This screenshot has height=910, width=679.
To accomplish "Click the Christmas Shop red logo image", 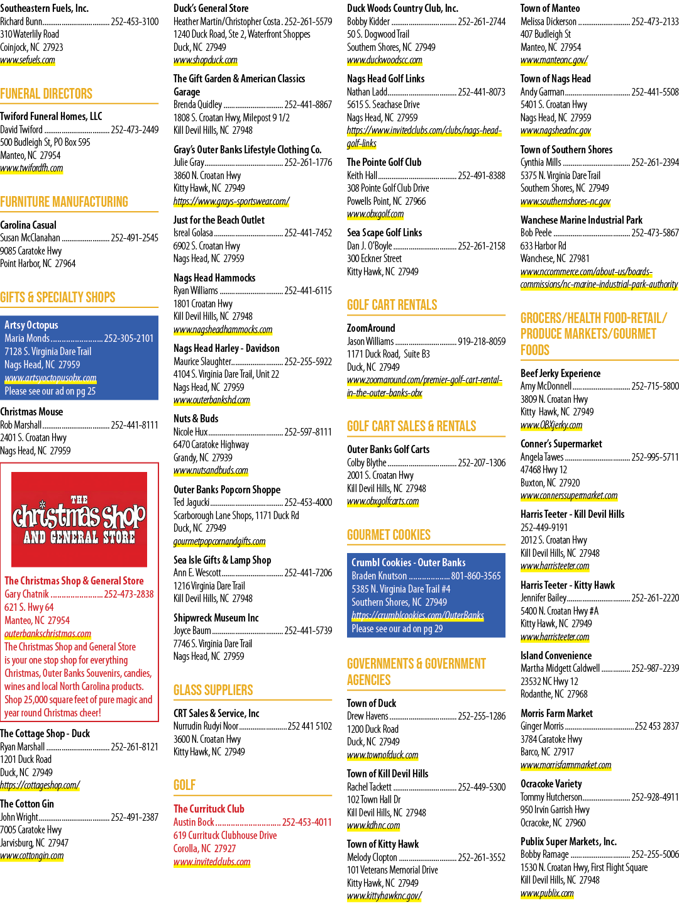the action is point(79,519).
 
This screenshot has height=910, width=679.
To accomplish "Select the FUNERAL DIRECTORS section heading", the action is point(46,94).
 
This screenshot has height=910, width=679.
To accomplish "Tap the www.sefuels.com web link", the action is point(28,60).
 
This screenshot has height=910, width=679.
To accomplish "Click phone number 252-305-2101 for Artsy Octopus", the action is point(129,338).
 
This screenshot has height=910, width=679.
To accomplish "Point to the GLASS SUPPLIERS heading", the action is point(213,690).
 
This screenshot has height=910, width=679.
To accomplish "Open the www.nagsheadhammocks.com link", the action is point(223,329).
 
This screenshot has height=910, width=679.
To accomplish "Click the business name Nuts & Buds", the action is point(196,419).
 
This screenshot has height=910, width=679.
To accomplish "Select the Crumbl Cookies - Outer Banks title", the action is point(409,562).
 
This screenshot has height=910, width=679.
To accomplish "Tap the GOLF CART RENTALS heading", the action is point(392,305).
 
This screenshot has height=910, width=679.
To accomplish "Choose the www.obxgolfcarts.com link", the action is point(383,502).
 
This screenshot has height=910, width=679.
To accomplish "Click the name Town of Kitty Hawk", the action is point(383,844).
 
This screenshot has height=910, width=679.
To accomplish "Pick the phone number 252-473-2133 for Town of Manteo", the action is point(655,21).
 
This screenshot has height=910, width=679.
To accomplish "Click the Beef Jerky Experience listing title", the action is point(560,373).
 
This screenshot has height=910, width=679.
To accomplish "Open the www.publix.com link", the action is point(547,893).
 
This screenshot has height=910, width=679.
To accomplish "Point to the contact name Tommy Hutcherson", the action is point(551,798).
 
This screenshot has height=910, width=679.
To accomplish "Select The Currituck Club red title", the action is point(209,809).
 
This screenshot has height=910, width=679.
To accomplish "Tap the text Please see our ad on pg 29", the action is point(397,628).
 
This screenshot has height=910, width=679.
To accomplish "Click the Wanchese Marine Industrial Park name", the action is point(581,220).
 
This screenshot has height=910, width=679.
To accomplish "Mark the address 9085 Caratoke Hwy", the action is point(31,251).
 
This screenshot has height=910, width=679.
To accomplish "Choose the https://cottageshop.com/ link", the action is point(40,785).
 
